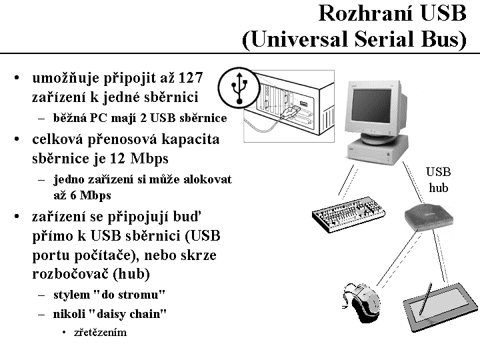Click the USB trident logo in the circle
pos(238,86)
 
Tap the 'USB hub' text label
pos(438,180)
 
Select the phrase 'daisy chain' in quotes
pos(131,313)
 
